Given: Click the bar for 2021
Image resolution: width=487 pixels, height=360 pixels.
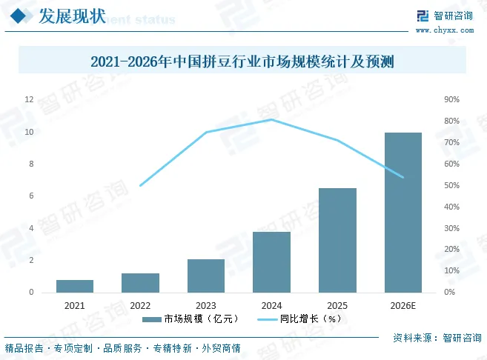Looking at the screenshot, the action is pos(75,286).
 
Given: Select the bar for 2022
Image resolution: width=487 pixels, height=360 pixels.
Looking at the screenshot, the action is pos(140,283).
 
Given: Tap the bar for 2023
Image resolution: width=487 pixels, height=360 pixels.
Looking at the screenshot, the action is pos(206,276).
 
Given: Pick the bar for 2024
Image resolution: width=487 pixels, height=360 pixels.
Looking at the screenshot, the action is pos(271,262).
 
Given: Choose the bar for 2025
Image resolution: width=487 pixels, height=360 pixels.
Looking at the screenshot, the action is pos(337,240).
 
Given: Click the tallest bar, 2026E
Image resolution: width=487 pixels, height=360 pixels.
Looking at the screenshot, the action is pos(403,213).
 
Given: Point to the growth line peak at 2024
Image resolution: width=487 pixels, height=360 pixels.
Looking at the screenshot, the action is pos(272,119).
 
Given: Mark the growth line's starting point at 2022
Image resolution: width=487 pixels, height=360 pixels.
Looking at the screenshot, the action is pos(140,186).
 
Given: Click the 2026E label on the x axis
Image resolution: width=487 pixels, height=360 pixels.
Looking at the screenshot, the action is pos(402,306).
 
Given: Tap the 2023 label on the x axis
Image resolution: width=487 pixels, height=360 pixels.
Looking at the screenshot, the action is pos(206,306).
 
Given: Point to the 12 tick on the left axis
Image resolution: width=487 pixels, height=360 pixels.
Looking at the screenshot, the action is pos(29,99).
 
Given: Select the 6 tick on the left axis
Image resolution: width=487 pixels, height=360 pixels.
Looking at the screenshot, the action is pos(31,196).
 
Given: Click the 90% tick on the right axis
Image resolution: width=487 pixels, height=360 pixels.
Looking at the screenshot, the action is pos(451,99).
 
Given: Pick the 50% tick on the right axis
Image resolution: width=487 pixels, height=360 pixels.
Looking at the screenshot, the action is pos(451,185).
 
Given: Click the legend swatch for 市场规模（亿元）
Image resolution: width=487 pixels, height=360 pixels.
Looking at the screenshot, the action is pos(151,319).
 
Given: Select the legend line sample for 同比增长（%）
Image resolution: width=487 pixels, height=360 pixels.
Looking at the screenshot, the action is pos(267,319).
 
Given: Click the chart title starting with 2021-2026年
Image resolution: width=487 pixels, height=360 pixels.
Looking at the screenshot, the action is pos(242,61).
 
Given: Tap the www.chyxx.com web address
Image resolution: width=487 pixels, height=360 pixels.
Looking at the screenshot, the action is pos(445,30).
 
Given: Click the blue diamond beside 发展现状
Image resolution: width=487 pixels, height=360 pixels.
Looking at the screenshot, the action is pos(18,16).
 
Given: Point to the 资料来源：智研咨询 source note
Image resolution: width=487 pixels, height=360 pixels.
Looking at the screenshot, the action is pos(437,338).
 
